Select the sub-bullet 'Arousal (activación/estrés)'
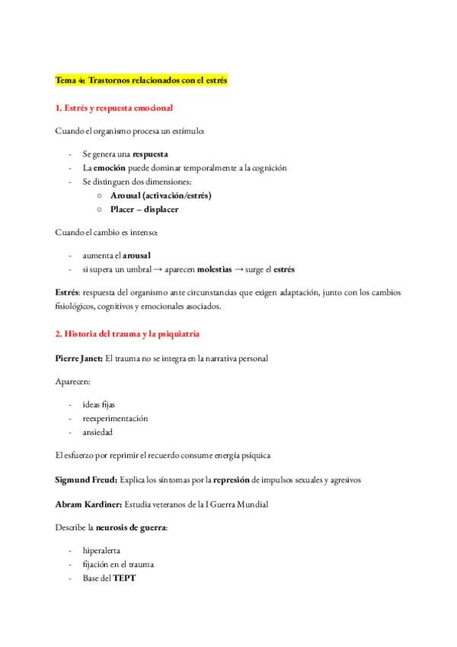click(x=161, y=195)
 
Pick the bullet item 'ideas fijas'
click(x=99, y=404)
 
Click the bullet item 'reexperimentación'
click(x=115, y=418)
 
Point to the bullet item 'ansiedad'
click(x=98, y=432)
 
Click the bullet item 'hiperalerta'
click(x=102, y=551)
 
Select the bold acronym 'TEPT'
click(x=123, y=578)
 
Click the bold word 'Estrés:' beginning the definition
click(x=68, y=293)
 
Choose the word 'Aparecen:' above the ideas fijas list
click(x=72, y=381)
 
